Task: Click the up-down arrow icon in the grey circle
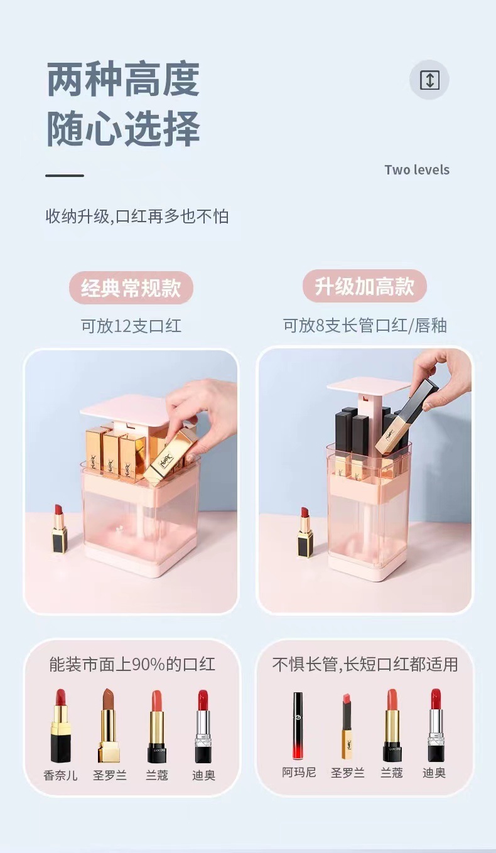(429, 80)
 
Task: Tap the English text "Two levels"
(417, 169)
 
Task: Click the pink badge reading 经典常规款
(131, 288)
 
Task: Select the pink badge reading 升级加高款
(365, 286)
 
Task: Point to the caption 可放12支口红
(131, 326)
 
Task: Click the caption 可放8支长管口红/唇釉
(365, 325)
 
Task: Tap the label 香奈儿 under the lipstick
(60, 775)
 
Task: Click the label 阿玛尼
(298, 772)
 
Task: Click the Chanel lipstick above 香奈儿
(60, 726)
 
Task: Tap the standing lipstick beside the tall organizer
(305, 532)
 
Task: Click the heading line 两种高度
(123, 80)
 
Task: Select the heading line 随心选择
(123, 129)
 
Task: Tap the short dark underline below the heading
(65, 176)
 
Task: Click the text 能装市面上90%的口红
(132, 665)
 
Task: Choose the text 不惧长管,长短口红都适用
(365, 664)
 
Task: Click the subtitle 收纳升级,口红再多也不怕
(137, 217)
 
